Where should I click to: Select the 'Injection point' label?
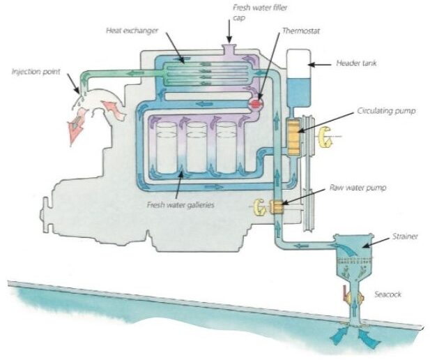pos(37,70)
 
